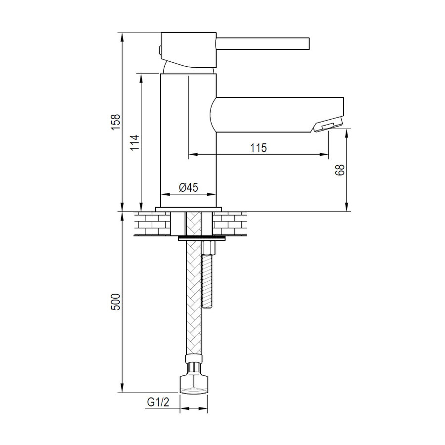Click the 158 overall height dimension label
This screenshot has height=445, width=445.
(x=116, y=122)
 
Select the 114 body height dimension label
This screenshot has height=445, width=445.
(x=135, y=142)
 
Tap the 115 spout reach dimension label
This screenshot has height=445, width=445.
(x=258, y=148)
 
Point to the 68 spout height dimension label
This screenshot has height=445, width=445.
(x=340, y=170)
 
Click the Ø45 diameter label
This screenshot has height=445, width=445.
(x=188, y=187)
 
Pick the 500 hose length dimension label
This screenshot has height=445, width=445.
(x=116, y=302)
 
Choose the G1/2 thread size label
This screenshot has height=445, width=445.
(x=158, y=402)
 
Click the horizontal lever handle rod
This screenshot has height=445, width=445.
(x=263, y=44)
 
